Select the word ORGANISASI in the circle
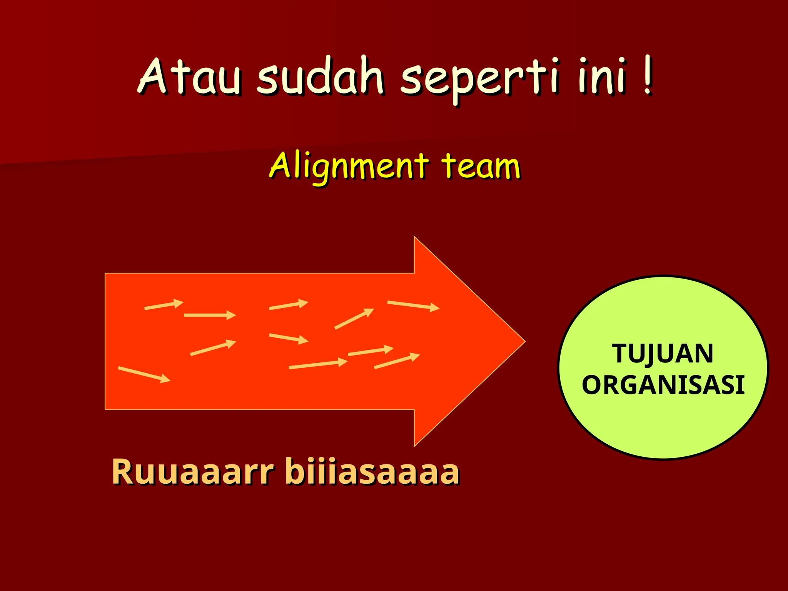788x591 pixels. coord(663,385)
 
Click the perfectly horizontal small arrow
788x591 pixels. coord(210,315)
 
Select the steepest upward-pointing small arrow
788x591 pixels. coord(354,319)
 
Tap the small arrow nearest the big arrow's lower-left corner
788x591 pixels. coord(144,374)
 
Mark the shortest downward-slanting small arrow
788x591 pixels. coord(288,338)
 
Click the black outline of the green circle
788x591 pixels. coord(559,368)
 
